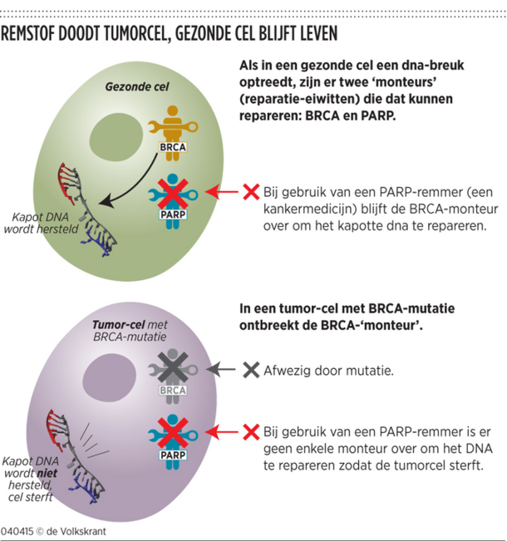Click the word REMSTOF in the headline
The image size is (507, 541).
coord(38,34)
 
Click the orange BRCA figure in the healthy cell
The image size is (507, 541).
coord(172,125)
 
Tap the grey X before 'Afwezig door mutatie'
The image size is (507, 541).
coord(250,368)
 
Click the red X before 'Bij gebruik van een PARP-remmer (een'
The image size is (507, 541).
coord(250,193)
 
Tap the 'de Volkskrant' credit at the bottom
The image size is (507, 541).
coord(71,530)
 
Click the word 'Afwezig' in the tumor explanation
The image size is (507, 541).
coord(288,368)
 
